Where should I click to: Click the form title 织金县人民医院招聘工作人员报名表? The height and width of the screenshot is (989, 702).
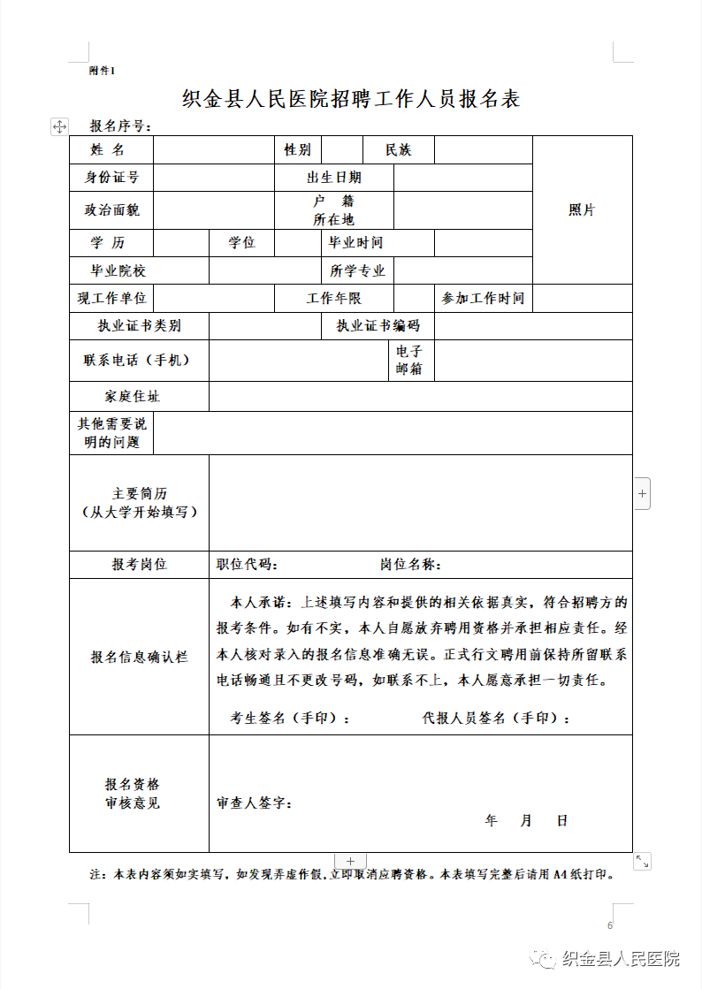[351, 99]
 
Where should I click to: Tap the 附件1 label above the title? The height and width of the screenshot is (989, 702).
[103, 70]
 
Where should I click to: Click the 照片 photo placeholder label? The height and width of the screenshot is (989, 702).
[582, 210]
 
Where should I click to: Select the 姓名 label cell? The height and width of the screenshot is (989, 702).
[111, 150]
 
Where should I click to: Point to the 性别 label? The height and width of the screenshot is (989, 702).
[297, 150]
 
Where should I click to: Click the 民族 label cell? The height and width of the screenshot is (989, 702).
[398, 150]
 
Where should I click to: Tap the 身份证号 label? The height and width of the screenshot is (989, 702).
[111, 178]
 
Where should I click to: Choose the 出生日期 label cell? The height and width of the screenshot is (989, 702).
[333, 178]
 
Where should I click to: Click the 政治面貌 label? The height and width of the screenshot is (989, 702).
[111, 210]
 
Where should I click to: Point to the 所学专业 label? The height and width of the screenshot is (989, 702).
[357, 271]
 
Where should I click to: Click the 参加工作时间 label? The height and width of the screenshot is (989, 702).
[483, 299]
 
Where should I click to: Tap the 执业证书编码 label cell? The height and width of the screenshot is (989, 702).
[378, 326]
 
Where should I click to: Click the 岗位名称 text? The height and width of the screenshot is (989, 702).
[411, 565]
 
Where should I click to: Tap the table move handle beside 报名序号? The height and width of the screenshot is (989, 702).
[59, 126]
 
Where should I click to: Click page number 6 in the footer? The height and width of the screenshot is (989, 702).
[609, 925]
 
